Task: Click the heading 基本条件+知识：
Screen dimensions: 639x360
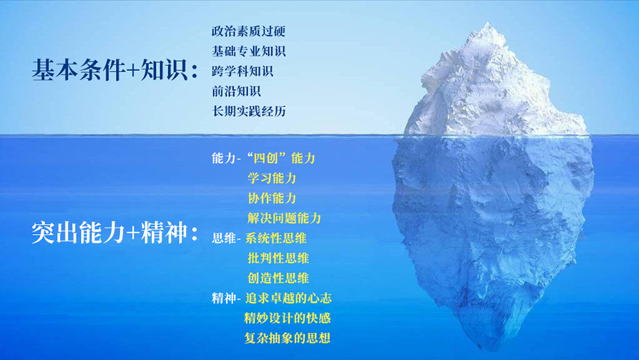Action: click(x=115, y=69)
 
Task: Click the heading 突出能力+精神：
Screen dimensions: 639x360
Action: click(x=115, y=233)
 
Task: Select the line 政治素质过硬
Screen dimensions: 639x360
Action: click(x=248, y=31)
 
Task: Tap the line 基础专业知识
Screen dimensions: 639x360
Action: click(x=248, y=51)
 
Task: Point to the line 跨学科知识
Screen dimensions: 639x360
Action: click(x=243, y=71)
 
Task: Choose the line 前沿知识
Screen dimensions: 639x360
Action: click(x=236, y=91)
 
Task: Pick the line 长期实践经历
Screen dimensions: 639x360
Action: click(x=248, y=111)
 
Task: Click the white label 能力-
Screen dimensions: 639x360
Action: click(x=226, y=158)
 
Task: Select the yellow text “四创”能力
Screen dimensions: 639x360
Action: click(x=281, y=158)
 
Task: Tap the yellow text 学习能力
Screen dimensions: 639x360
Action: click(x=272, y=178)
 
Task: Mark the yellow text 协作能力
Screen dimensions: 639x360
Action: click(x=272, y=198)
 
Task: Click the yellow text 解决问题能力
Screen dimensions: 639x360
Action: click(x=284, y=218)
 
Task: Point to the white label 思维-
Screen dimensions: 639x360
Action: click(x=226, y=238)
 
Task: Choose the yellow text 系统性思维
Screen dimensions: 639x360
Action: click(x=276, y=238)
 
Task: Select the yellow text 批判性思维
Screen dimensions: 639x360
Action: click(x=278, y=258)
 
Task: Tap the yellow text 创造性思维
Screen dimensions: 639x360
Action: click(x=278, y=278)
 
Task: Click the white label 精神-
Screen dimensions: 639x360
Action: click(x=226, y=298)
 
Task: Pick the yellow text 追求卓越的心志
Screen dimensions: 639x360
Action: click(x=288, y=298)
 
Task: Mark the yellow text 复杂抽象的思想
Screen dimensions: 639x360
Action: click(x=288, y=338)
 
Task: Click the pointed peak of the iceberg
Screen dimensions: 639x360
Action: click(x=488, y=23)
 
